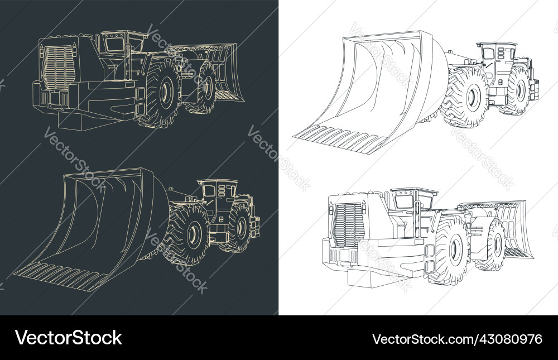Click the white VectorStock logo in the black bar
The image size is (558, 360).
68,338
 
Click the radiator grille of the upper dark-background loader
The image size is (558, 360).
59,68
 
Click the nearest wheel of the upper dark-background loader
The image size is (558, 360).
162,94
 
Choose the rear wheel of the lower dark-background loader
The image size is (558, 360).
239,228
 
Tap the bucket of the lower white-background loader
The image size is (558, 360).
505,223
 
